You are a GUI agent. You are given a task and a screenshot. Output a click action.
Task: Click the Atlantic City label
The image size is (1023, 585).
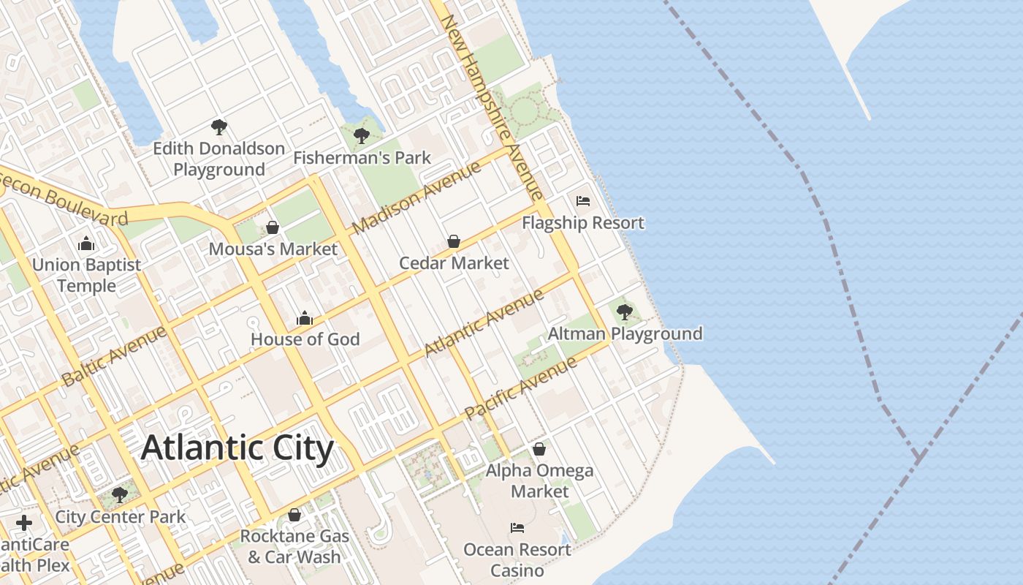pos(237,448)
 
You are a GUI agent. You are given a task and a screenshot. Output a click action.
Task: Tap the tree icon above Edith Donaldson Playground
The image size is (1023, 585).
pos(218,127)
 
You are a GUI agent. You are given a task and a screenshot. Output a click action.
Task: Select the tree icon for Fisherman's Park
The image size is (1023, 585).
pos(361,135)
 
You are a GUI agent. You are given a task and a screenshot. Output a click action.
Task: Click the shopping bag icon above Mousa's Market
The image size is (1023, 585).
pos(273,227)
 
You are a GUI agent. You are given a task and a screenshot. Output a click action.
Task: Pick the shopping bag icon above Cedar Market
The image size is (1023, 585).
pos(454,241)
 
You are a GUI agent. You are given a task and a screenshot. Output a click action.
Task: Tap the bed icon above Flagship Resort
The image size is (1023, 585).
pos(582,201)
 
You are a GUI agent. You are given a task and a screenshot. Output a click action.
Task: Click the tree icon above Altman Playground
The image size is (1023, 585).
pos(624,312)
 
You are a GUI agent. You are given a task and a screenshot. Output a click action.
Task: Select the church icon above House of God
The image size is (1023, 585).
pos(305,318)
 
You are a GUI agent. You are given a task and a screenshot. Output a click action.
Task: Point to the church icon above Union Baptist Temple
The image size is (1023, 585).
pos(86,243)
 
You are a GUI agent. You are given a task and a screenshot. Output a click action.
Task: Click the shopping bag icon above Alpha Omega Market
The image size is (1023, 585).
pos(539,449)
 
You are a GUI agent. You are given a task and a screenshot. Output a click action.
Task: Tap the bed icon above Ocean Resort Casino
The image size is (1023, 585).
pos(517,528)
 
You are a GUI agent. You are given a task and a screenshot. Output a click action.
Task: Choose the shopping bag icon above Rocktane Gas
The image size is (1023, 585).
pos(294,515)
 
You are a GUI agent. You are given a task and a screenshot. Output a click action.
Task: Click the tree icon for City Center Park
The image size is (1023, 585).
pos(120,495)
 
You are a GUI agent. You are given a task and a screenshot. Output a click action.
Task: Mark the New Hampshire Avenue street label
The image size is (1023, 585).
pos(494,106)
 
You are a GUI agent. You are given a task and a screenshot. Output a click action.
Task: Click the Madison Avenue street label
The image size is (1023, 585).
pos(417,197)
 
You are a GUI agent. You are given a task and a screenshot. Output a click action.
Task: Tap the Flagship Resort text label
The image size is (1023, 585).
pos(583,223)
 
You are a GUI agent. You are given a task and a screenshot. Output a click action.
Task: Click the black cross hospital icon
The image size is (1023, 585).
pos(24,523)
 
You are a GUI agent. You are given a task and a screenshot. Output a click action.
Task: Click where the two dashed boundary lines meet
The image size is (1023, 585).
pos(918,458)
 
